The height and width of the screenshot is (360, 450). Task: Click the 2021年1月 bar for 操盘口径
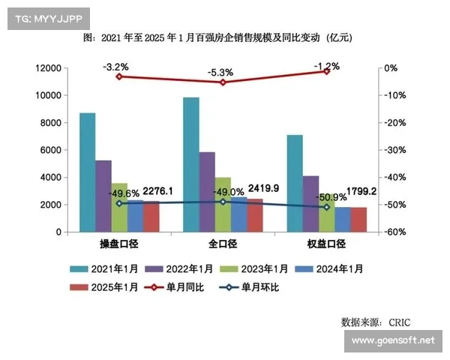(88, 172)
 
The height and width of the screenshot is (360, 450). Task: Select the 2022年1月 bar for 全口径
(207, 192)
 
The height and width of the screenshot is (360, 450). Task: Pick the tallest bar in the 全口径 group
(191, 165)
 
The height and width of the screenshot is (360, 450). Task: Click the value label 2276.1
(157, 192)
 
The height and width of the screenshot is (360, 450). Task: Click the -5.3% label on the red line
(221, 73)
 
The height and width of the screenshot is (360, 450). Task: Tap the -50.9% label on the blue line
(330, 198)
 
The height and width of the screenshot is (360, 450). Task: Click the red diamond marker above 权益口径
(326, 71)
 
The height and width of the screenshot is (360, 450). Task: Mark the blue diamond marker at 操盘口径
(119, 203)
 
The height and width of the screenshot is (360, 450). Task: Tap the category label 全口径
(223, 244)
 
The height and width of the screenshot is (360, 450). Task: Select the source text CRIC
(399, 322)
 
